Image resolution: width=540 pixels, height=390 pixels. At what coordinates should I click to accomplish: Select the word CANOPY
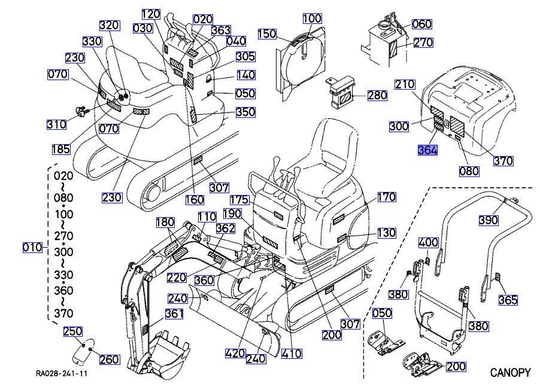click(511, 373)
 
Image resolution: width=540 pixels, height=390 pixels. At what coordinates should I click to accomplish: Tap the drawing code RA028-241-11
click(62, 374)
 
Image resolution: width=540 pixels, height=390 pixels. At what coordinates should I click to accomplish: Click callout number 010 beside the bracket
click(32, 247)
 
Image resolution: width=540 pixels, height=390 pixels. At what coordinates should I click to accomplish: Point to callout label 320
click(109, 26)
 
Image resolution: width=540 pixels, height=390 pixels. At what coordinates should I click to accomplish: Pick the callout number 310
click(57, 124)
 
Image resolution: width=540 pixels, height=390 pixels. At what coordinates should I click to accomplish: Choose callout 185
click(59, 148)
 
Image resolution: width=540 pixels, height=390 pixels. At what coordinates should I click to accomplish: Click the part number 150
click(267, 34)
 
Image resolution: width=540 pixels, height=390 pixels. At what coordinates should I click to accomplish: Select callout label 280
click(377, 95)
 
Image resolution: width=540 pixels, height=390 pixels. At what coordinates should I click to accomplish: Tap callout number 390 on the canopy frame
click(489, 221)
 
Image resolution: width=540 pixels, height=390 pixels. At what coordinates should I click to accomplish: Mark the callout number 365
click(508, 300)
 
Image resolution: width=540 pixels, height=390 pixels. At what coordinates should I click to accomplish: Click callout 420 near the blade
click(235, 354)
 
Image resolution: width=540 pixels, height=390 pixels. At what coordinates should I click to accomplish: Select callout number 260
click(109, 359)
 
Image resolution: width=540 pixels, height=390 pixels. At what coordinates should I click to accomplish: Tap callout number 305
click(245, 57)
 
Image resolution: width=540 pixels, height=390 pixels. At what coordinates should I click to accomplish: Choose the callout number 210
click(405, 84)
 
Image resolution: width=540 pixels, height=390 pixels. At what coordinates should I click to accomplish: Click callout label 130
click(387, 233)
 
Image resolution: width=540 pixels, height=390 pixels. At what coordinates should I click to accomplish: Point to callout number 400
click(428, 243)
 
